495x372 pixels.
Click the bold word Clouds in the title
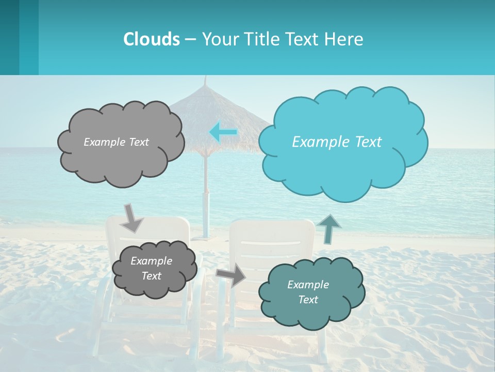pyautogui.click(x=152, y=39)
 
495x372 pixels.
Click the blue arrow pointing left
pyautogui.click(x=223, y=132)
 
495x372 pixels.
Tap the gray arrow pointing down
pyautogui.click(x=132, y=218)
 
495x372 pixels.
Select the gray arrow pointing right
pyautogui.click(x=232, y=275)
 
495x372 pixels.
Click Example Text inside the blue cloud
pyautogui.click(x=337, y=142)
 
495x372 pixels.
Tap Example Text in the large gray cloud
pyautogui.click(x=116, y=142)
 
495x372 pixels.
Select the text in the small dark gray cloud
pyautogui.click(x=151, y=268)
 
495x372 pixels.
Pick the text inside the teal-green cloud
pyautogui.click(x=308, y=292)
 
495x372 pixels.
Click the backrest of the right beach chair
pyautogui.click(x=272, y=238)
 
